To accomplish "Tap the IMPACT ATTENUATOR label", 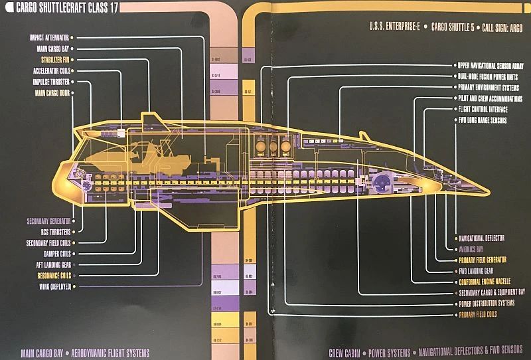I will click(x=48, y=38).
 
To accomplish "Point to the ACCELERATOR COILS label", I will click(x=50, y=70).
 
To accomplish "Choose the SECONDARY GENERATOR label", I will click(x=48, y=221).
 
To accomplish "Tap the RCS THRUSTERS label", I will click(x=55, y=232).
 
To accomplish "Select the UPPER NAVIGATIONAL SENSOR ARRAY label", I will click(x=491, y=66).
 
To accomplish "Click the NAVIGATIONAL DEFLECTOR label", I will click(x=491, y=238).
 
